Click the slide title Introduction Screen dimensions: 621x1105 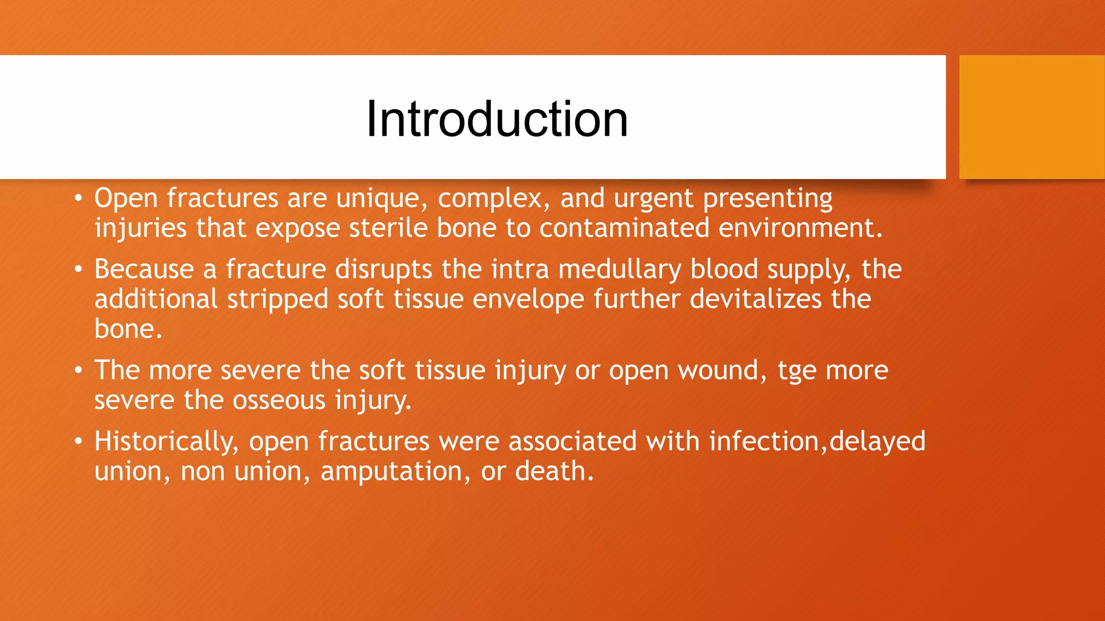(x=497, y=119)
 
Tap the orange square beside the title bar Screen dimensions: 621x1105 (x=1032, y=117)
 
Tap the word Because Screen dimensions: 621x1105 (x=144, y=269)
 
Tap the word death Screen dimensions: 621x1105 (x=554, y=471)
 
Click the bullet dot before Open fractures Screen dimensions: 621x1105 (x=79, y=199)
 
